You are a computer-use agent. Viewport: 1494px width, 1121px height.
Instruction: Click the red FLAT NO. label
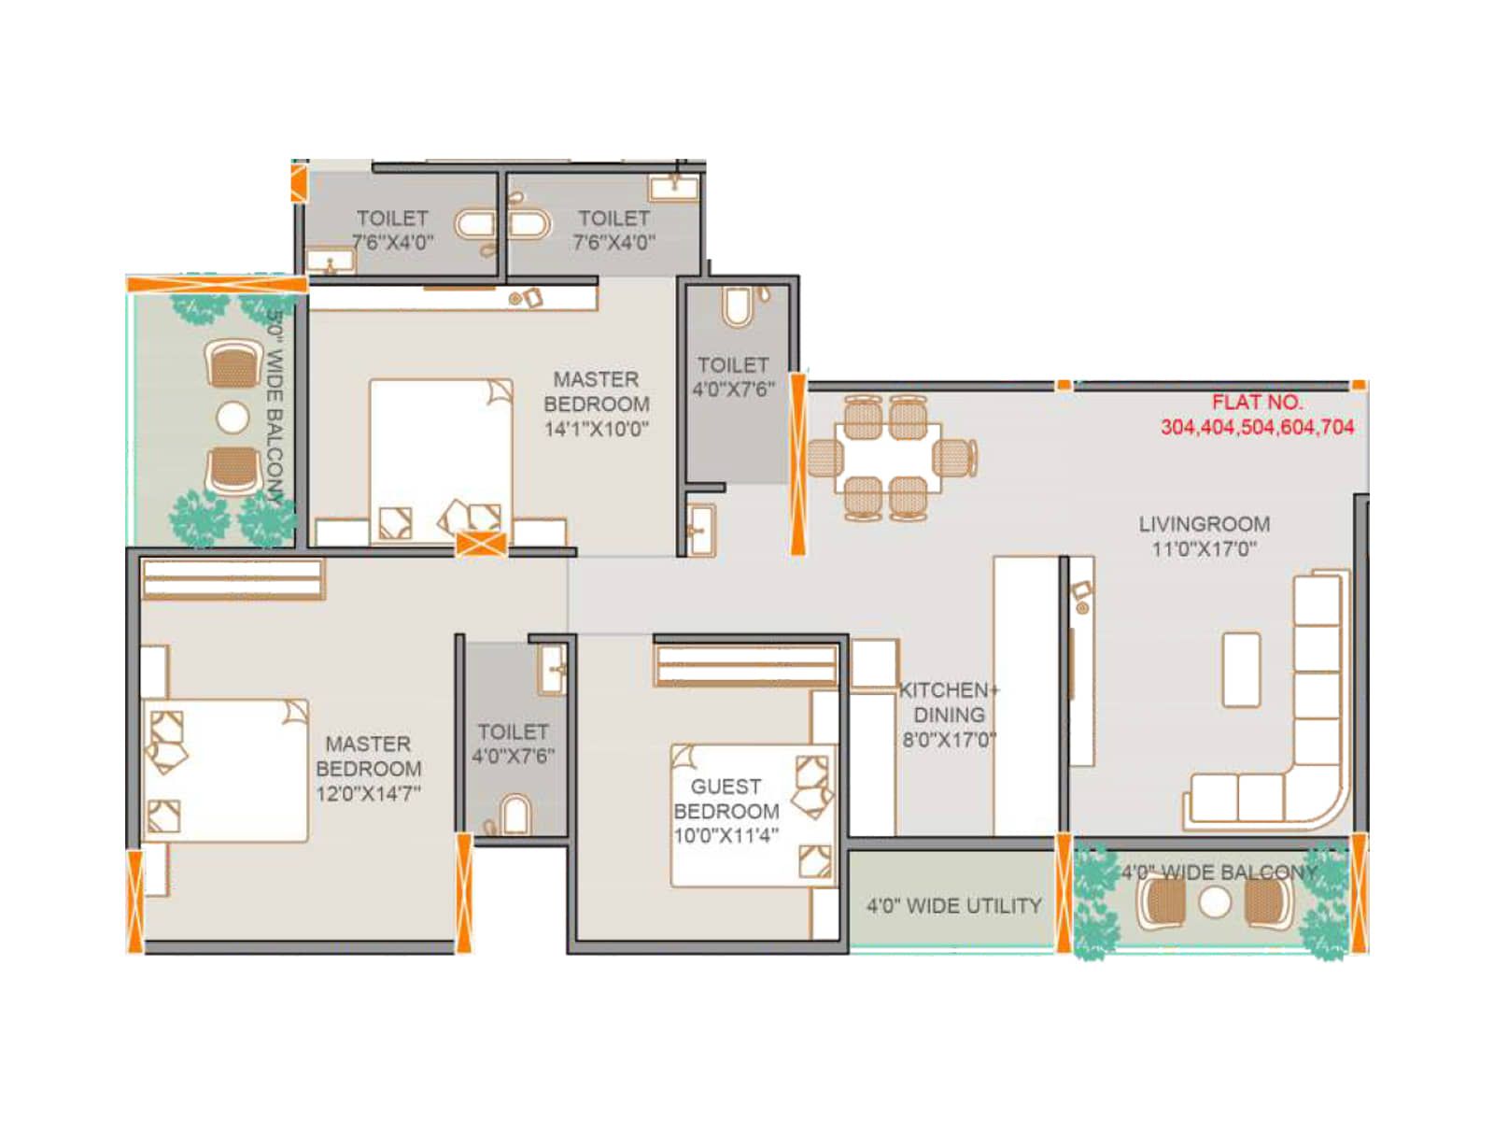pyautogui.click(x=1257, y=403)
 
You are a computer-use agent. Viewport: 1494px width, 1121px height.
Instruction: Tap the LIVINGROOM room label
pyautogui.click(x=1204, y=524)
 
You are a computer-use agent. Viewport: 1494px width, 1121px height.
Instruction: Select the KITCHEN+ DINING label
pyautogui.click(x=949, y=702)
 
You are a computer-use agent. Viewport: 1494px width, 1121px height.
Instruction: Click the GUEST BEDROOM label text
pyautogui.click(x=726, y=799)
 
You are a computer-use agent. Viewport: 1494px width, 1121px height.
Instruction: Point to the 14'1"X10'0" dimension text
pyautogui.click(x=597, y=429)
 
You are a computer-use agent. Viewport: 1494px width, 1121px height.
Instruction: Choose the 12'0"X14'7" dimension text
pyautogui.click(x=368, y=793)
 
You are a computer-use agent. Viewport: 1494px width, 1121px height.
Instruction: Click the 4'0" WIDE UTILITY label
pyautogui.click(x=953, y=905)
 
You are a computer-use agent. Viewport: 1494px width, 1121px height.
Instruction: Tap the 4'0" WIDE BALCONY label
pyautogui.click(x=1219, y=872)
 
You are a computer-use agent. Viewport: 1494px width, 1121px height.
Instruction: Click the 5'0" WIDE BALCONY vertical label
pyautogui.click(x=275, y=407)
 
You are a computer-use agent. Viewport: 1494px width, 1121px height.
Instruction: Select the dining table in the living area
pyautogui.click(x=888, y=457)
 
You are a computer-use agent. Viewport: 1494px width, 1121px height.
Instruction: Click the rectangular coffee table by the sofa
pyautogui.click(x=1241, y=670)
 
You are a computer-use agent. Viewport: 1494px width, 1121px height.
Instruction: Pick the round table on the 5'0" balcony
pyautogui.click(x=233, y=418)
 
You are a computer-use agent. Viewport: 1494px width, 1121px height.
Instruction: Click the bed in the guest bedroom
pyautogui.click(x=754, y=815)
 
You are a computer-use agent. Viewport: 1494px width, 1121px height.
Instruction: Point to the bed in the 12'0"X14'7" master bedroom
pyautogui.click(x=225, y=770)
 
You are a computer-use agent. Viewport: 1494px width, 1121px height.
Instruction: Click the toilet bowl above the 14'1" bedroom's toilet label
pyautogui.click(x=737, y=307)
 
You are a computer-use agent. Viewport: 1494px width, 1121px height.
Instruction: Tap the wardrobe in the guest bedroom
pyautogui.click(x=745, y=664)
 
